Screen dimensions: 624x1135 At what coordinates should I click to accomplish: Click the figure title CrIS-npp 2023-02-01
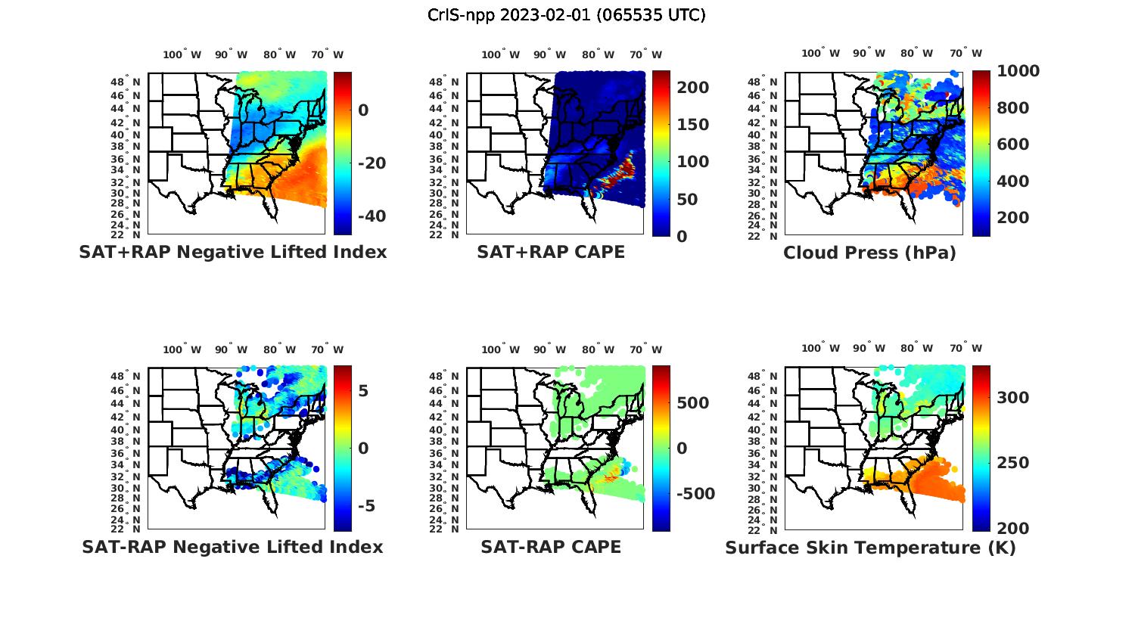pos(566,15)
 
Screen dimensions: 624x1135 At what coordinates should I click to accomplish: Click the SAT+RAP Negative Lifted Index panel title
pos(232,252)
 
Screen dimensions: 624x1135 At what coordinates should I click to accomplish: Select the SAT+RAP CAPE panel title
pos(551,252)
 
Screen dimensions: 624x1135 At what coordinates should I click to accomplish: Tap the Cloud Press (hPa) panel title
pos(869,253)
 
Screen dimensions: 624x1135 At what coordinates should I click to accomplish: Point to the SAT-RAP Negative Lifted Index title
pos(232,547)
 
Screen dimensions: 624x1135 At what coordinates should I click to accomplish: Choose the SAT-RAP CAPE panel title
pos(551,547)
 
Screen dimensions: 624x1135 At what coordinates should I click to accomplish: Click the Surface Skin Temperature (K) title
pos(870,548)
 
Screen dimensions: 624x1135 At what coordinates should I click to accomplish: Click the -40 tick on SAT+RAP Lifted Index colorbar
pos(370,216)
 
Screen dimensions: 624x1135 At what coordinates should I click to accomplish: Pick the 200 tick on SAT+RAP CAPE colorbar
pos(692,88)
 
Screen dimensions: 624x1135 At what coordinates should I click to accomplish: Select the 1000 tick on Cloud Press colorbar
pos(1018,71)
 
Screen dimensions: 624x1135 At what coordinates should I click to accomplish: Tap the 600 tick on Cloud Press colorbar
pos(1012,144)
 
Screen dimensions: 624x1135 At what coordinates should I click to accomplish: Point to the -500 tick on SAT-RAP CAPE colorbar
pos(695,494)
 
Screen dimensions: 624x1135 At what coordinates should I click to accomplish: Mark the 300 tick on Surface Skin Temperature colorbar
pos(1012,398)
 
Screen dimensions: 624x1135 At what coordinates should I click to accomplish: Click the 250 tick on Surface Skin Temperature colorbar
pos(1012,463)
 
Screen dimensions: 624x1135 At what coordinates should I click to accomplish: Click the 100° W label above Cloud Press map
pos(821,54)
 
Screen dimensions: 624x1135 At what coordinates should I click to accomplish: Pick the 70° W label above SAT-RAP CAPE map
pos(645,349)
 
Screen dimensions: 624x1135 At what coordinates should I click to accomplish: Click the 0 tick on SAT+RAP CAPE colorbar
pos(682,236)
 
